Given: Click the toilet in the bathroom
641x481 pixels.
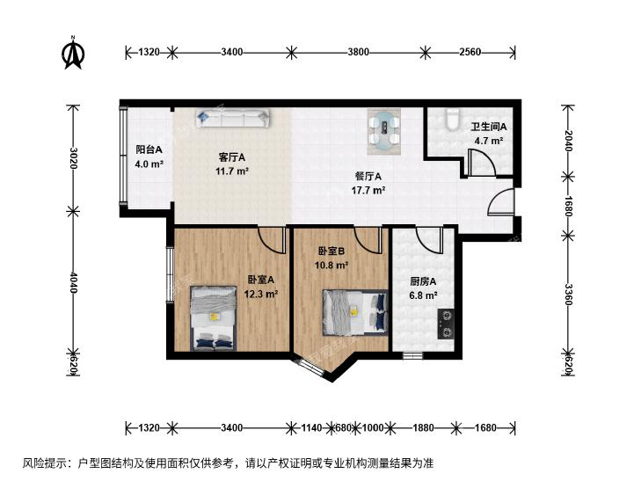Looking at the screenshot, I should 451,120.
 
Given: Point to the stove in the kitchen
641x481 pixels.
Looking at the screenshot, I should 445,323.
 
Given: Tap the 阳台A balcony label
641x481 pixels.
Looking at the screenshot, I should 148,149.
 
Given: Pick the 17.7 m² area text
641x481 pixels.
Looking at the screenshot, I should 366,190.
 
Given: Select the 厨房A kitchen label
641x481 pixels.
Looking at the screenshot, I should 423,282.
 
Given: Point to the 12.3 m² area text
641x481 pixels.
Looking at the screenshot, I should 263,295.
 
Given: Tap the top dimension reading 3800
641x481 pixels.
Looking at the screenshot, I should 357,53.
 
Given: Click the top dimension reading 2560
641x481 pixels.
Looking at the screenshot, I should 470,53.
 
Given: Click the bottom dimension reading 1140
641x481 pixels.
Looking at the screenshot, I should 311,428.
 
